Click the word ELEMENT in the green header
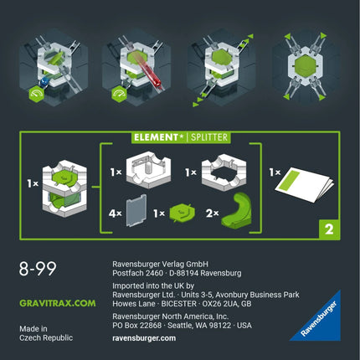tap(156, 137)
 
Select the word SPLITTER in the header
tap(209, 137)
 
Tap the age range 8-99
tap(38, 269)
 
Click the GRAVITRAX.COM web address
tap(58, 303)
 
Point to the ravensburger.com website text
tap(144, 338)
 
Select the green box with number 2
tap(330, 229)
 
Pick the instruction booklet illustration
tap(304, 184)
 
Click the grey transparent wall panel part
tap(136, 210)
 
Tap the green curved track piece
tap(237, 211)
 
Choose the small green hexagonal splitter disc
tap(183, 213)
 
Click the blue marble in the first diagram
tap(44, 82)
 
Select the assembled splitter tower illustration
tap(64, 188)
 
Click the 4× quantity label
tap(116, 213)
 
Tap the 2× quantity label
tap(213, 213)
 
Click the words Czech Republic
tap(46, 337)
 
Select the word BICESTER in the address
tap(179, 304)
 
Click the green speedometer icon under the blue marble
tap(37, 95)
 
